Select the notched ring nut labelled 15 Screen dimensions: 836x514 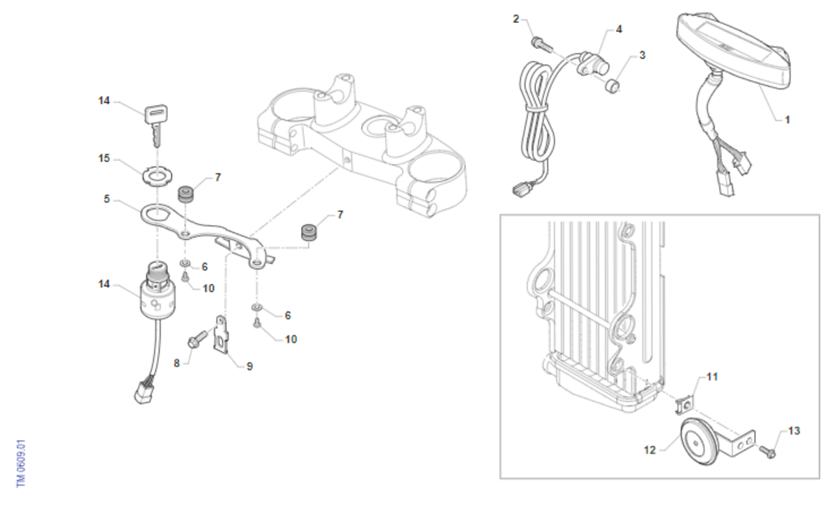point(157,175)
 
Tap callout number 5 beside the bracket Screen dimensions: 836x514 point(107,199)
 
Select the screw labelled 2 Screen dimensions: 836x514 point(541,45)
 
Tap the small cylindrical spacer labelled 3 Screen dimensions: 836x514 point(612,86)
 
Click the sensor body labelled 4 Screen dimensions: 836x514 point(594,65)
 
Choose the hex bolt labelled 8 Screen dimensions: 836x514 point(197,338)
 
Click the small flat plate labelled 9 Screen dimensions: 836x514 point(222,334)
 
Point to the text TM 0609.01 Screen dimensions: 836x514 point(21,463)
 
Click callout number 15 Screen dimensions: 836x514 point(104,159)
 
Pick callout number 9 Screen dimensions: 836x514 point(249,366)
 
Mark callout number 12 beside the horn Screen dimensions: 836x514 point(650,450)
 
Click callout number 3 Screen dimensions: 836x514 point(642,55)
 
